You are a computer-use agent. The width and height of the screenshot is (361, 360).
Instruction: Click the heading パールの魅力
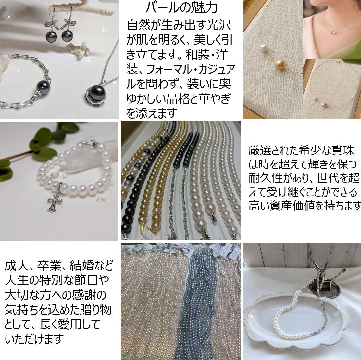tap(181, 8)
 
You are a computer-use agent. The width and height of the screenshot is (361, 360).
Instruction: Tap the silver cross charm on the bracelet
tap(53, 203)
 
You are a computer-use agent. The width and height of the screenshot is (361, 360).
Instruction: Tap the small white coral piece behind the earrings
tap(79, 49)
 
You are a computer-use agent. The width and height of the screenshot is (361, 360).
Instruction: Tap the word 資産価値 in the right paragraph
tap(305, 206)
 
